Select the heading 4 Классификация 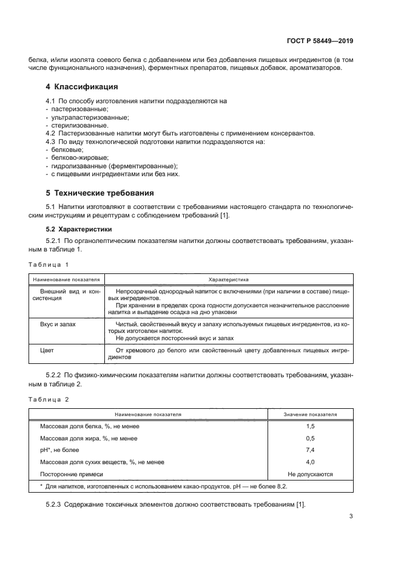coord(82,87)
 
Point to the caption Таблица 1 coord(49,264)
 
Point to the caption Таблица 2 coord(49,399)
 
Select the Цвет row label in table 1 coord(47,351)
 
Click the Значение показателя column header coord(311,414)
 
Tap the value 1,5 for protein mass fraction coord(311,427)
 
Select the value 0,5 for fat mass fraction coord(311,439)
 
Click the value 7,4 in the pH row coord(311,450)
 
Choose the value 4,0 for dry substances coord(311,462)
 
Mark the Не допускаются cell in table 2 coord(311,474)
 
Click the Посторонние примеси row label coord(72,474)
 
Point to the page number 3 coord(351,517)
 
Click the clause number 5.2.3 coord(56,505)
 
